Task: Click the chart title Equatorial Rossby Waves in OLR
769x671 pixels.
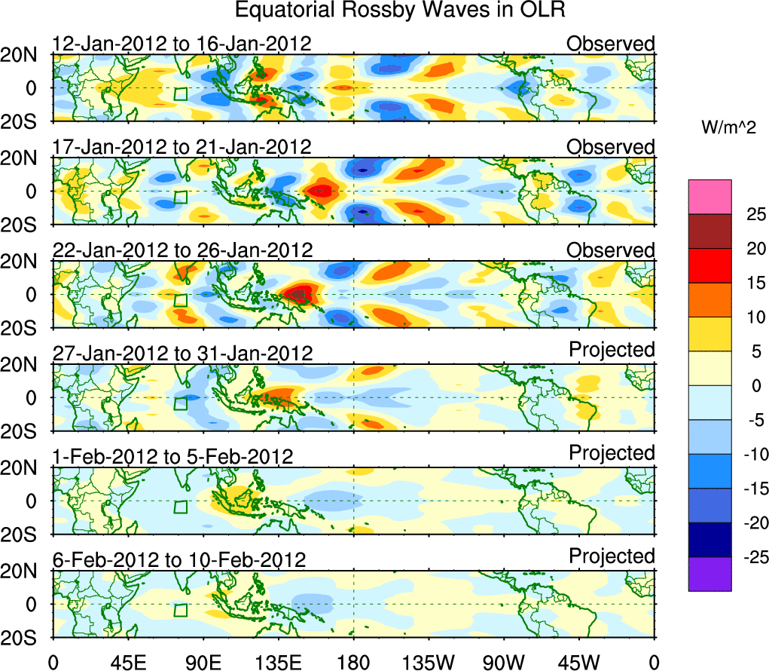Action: point(400,11)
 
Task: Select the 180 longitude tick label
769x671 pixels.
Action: point(353,662)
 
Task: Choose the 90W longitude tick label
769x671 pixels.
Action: point(504,662)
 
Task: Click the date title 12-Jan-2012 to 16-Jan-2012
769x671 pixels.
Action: point(182,44)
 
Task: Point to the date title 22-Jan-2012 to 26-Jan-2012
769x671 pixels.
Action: point(182,250)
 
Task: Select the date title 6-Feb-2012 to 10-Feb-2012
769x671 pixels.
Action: point(179,560)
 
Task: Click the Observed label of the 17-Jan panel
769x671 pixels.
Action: point(611,147)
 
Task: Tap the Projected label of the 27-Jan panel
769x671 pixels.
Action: point(612,350)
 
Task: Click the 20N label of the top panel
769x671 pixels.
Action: point(24,55)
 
